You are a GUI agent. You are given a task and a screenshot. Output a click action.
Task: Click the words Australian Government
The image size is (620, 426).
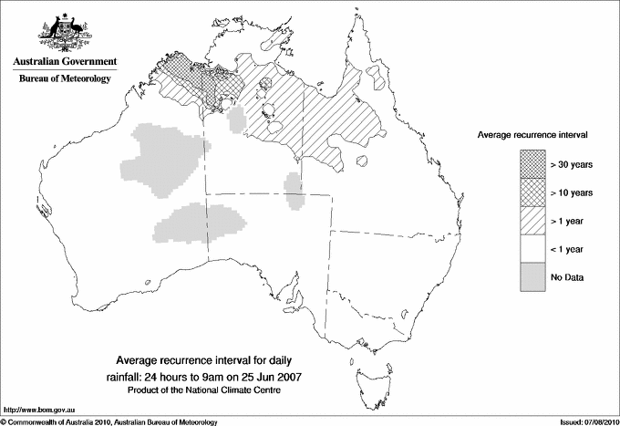pos(64,62)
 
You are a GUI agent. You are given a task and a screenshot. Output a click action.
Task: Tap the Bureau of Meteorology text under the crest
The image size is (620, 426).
pos(65,79)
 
